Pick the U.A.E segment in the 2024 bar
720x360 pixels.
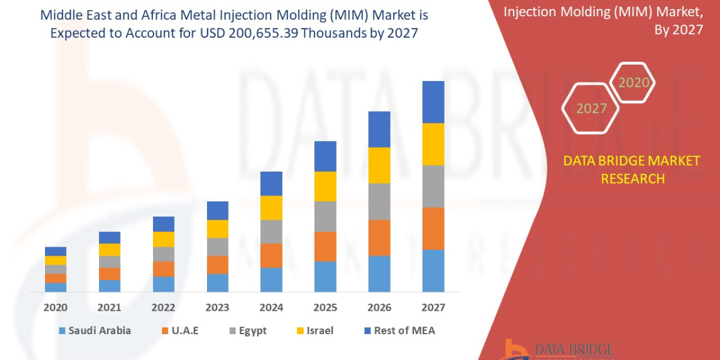coord(271,255)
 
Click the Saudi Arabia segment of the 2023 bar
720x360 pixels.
coord(217,283)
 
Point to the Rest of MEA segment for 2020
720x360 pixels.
coord(56,251)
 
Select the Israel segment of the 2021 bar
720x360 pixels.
coord(109,250)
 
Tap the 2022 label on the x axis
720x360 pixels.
coord(163,307)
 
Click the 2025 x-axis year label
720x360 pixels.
coord(325,307)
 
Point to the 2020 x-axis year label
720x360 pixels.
coord(56,307)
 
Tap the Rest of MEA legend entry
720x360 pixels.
coord(398,331)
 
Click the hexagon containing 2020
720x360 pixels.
coord(633,83)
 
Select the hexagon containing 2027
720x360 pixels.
coord(590,109)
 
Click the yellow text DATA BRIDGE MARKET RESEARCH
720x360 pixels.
coord(632,169)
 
